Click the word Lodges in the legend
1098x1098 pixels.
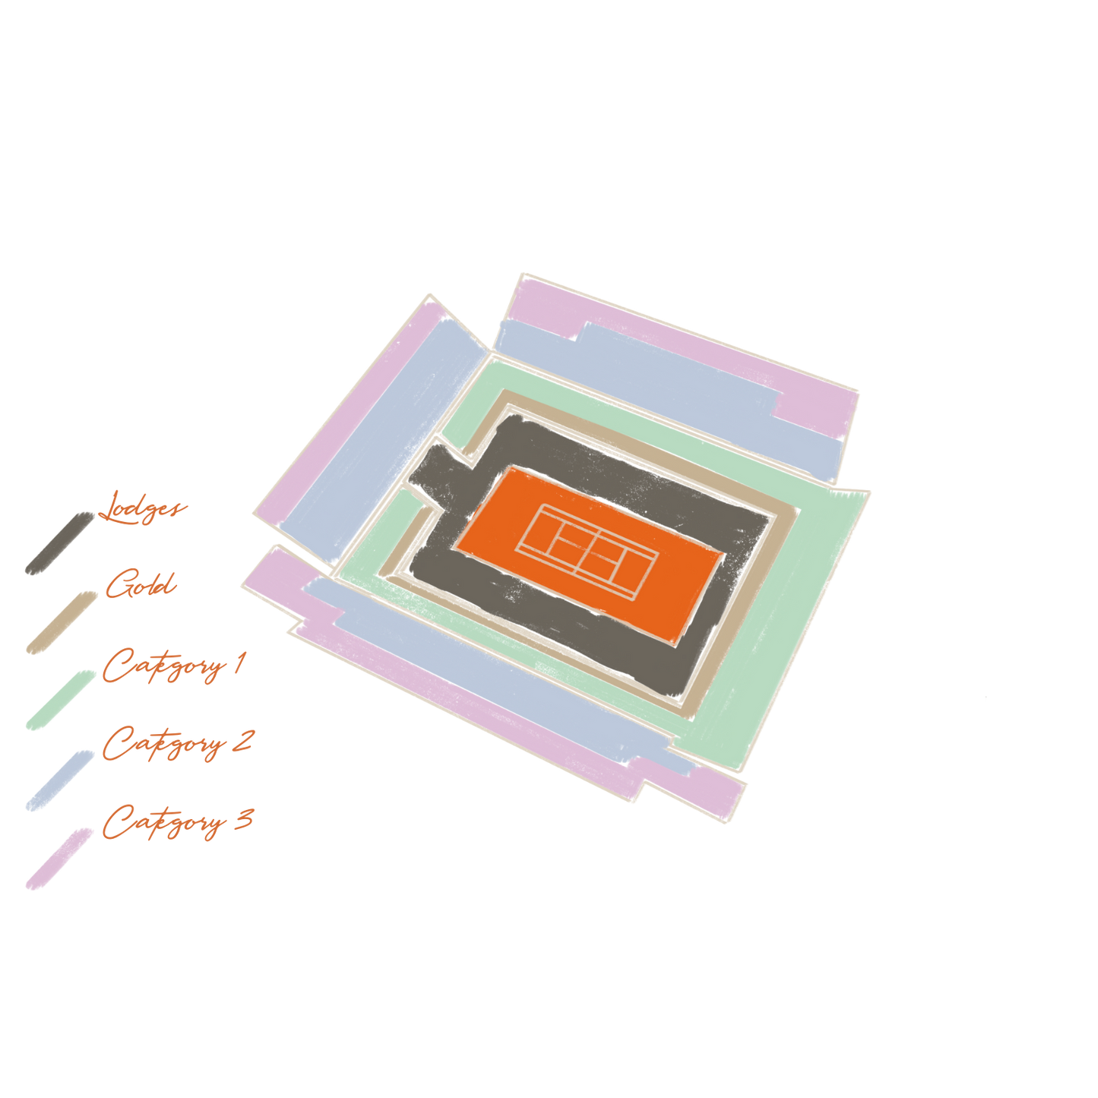tap(142, 508)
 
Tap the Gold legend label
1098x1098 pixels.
tap(141, 584)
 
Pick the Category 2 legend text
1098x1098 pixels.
tap(177, 744)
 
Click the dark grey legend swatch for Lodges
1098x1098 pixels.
tap(60, 543)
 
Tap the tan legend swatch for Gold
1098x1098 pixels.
tap(62, 623)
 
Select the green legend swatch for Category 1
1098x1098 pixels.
tap(61, 701)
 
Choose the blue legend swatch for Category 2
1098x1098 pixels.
tap(60, 780)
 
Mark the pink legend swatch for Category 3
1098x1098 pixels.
tap(59, 859)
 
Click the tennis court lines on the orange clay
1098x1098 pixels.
tap(587, 551)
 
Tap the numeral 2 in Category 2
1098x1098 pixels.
tap(242, 741)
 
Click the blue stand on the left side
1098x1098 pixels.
tap(381, 438)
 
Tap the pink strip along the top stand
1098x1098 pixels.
tap(684, 342)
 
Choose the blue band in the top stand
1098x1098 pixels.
tap(666, 388)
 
